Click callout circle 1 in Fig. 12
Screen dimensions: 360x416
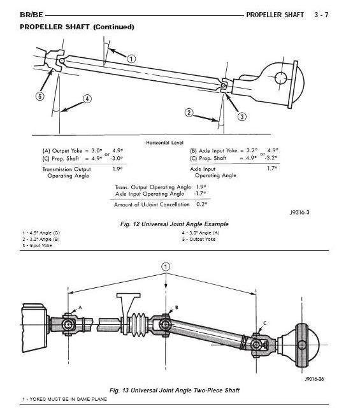pyautogui.click(x=131, y=59)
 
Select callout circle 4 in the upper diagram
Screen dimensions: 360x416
pyautogui.click(x=87, y=99)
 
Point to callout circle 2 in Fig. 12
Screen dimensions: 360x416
pyautogui.click(x=189, y=113)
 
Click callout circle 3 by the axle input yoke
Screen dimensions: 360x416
pyautogui.click(x=242, y=116)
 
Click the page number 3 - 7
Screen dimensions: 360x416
pyautogui.click(x=343, y=13)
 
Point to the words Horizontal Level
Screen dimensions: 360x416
pyautogui.click(x=165, y=142)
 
